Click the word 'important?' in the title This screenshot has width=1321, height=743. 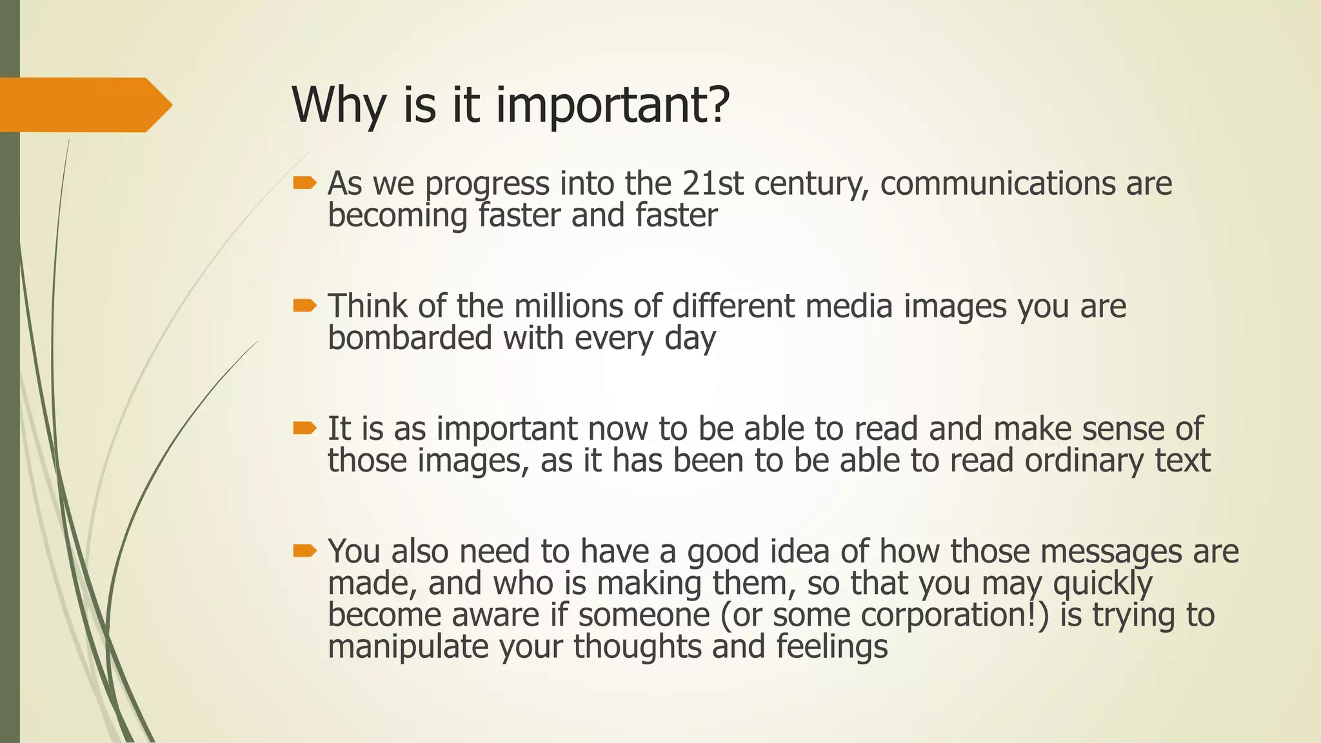click(x=613, y=105)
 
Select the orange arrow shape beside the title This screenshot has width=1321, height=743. click(x=84, y=104)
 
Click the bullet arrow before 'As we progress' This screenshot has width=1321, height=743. click(x=304, y=184)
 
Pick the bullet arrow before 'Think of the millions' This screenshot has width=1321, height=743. click(x=304, y=306)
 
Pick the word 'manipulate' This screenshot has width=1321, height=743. click(x=408, y=647)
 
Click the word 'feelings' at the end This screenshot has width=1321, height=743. click(x=831, y=647)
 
